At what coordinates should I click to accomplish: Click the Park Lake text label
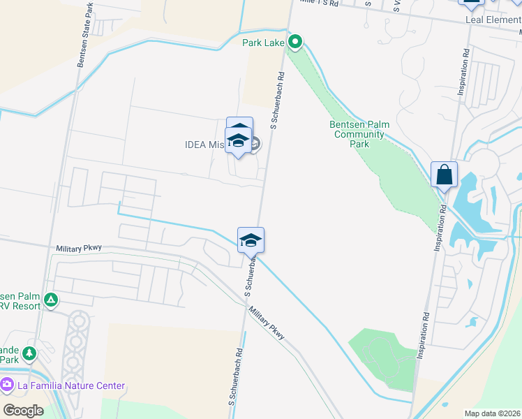pos(263,43)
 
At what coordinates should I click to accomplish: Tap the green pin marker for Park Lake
pos(295,43)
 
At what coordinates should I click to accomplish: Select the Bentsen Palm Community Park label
pos(359,134)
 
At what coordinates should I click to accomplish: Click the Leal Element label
pos(493,20)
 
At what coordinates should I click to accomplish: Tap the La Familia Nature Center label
pos(71,385)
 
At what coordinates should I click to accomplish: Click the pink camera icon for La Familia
pos(8,385)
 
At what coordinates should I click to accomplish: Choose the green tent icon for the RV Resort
pos(50,300)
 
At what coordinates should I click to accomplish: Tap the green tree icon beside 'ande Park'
pos(29,354)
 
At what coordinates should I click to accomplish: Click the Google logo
pos(23,410)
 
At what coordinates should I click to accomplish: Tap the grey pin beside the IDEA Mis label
pos(254,145)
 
